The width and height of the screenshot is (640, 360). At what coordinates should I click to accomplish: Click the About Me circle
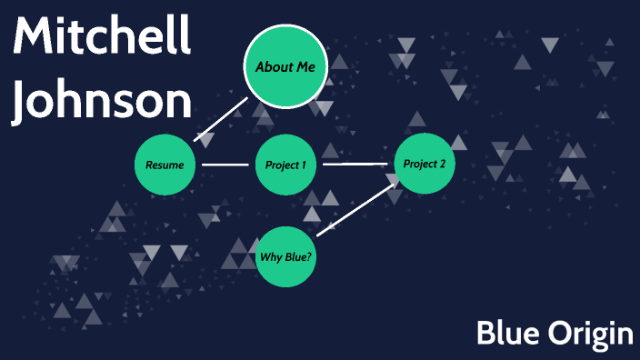(285, 66)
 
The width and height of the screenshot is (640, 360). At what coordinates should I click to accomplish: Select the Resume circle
(165, 165)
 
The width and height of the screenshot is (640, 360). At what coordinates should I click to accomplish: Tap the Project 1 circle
(285, 165)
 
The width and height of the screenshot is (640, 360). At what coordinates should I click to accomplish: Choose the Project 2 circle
(424, 165)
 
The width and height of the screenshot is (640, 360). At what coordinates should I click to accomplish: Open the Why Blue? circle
(285, 256)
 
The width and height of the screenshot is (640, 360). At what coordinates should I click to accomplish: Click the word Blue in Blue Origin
(505, 334)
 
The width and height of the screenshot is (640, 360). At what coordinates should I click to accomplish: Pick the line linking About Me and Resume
(221, 119)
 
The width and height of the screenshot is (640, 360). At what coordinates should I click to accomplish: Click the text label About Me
(285, 67)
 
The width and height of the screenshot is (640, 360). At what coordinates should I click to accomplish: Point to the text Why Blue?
(285, 256)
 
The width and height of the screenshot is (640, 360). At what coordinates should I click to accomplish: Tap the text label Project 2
(424, 165)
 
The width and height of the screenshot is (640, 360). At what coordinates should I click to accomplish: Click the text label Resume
(165, 165)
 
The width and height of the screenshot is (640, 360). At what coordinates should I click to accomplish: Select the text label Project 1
(285, 165)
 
